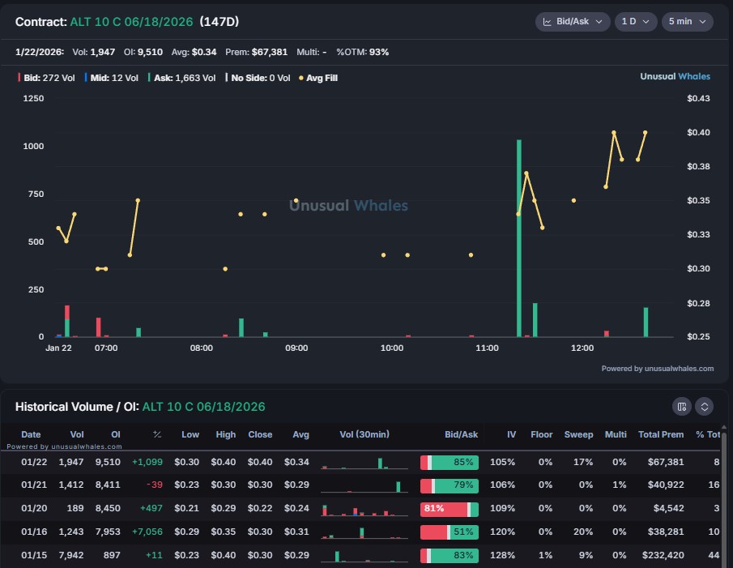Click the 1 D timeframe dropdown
[x=635, y=22]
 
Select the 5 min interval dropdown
[x=687, y=22]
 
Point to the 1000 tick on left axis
[x=33, y=147]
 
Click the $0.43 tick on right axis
[x=697, y=99]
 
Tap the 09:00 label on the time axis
[x=296, y=348]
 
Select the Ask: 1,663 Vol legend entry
[x=187, y=78]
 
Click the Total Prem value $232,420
[x=661, y=556]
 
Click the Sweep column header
[x=578, y=434]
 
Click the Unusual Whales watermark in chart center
[x=348, y=206]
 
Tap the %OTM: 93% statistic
[x=362, y=52]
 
